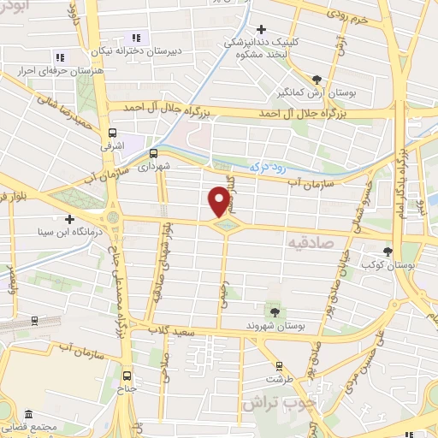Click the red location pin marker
tap(219, 200)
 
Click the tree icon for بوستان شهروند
tap(274, 311)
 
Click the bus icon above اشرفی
tap(112, 133)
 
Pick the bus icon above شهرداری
tap(153, 153)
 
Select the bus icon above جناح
tap(127, 376)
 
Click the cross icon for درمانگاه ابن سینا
tap(69, 218)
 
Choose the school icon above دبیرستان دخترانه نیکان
tap(134, 37)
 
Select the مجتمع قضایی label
tap(29, 425)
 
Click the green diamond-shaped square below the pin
tap(226, 225)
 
